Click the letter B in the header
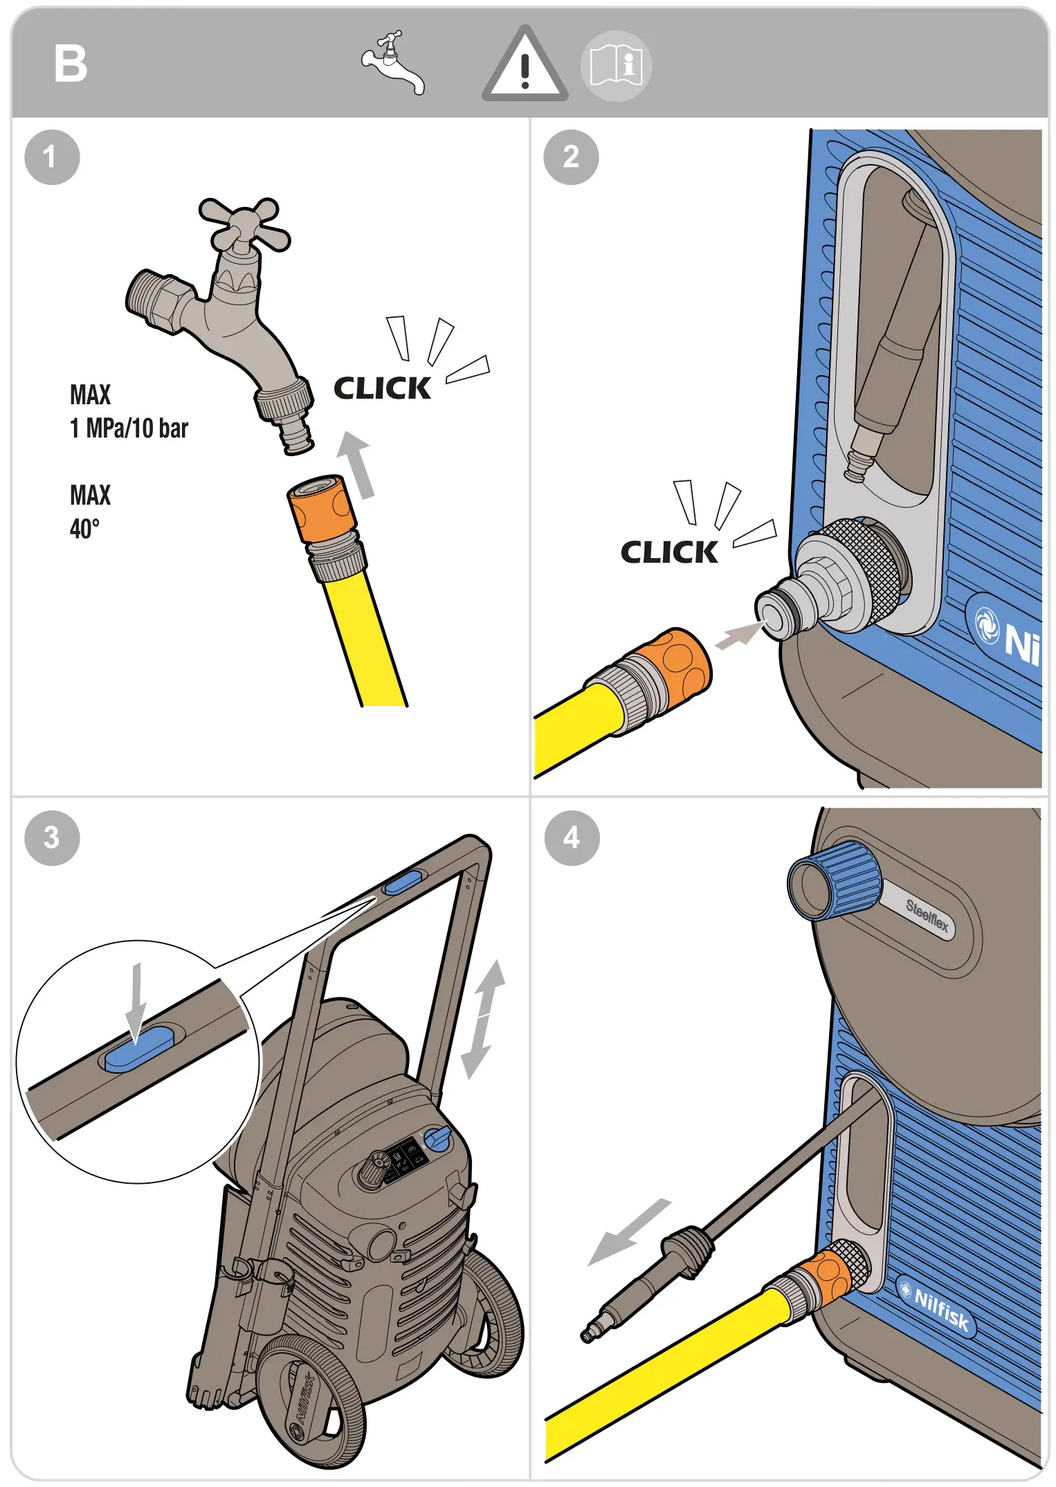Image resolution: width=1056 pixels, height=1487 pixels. (x=71, y=64)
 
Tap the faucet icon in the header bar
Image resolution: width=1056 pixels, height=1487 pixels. (x=392, y=64)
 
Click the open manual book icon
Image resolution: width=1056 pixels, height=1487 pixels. (x=615, y=66)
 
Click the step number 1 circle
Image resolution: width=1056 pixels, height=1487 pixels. (x=52, y=157)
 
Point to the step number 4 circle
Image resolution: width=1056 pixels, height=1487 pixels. (x=572, y=838)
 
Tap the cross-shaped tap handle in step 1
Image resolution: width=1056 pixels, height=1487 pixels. (x=244, y=224)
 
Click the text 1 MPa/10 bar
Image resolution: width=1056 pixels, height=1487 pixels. (x=129, y=429)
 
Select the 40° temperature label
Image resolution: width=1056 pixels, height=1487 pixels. (x=84, y=529)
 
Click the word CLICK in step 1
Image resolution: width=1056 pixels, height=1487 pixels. (x=382, y=388)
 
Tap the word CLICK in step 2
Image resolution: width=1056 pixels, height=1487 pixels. (x=669, y=552)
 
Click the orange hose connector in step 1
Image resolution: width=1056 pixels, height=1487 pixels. (x=322, y=507)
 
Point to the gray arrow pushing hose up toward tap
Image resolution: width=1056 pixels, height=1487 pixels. (x=356, y=465)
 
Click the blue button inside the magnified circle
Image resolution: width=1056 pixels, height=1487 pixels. (x=139, y=1049)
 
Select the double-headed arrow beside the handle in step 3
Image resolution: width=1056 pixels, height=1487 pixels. (x=483, y=1018)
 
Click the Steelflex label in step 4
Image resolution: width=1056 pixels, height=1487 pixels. (x=927, y=915)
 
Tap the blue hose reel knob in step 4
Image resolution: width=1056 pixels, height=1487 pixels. (x=832, y=881)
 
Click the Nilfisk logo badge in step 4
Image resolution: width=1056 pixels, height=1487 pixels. (x=936, y=1306)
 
